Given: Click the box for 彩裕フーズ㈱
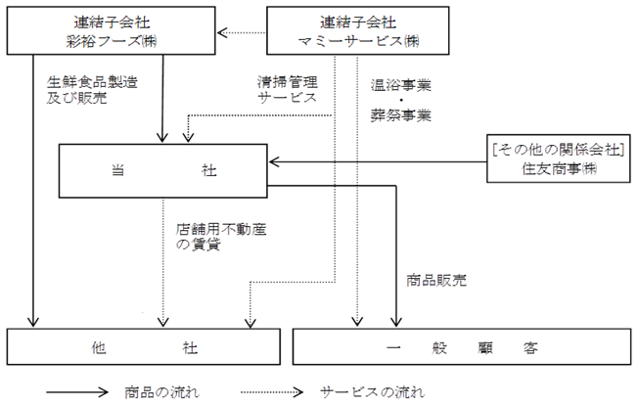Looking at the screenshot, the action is pos(112,30).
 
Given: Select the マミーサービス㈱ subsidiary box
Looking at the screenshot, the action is pos(358,30).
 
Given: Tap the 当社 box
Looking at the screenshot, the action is pos(163,171).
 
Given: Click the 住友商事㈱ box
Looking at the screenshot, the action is pos(559,158).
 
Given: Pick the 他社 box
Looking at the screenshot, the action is pos(144,346).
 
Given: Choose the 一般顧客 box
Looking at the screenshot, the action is pos(462,346).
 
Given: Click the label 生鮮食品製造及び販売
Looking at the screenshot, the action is pos(92,90).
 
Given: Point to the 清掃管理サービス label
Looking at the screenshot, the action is pos(288,89).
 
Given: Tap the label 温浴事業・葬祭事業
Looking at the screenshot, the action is pos(401,101).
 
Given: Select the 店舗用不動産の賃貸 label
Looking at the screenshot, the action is pos(221,237).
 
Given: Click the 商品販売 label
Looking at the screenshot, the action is pos(436,281).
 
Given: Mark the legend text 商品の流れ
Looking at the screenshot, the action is pos(161,392).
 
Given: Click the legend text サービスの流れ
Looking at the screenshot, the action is pos(372,392).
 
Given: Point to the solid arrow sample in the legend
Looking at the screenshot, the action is pos(77,392).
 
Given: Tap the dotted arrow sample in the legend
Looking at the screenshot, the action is pos(272,392).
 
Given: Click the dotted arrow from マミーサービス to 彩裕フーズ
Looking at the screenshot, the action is pos(242,32).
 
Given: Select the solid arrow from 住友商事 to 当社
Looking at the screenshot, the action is pos(378,162).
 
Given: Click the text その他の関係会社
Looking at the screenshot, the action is pos(558,150).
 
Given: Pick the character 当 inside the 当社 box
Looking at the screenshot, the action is pos(118,170).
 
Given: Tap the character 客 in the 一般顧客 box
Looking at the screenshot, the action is pos(530,348).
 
